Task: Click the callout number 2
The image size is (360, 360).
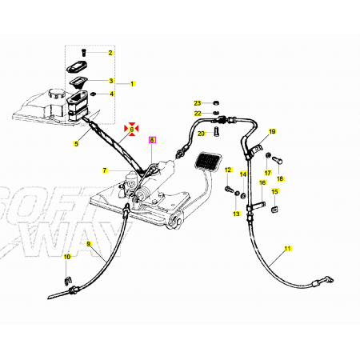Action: coord(110,53)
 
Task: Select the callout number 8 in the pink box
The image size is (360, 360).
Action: coord(152,140)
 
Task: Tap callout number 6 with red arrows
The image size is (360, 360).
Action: coord(131,130)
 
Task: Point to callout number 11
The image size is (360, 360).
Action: coord(287,249)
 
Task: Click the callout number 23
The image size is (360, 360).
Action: coord(198,103)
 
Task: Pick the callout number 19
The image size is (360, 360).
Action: coord(272,131)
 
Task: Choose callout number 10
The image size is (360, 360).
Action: coord(67,257)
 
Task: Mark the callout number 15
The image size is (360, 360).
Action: coord(274,191)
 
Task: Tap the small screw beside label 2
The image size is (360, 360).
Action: coord(84,53)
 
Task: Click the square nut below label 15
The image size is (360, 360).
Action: coord(274,210)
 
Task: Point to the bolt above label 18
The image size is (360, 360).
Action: coord(277,161)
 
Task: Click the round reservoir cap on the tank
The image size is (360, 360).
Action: coord(54,94)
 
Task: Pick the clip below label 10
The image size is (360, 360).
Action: coord(69,281)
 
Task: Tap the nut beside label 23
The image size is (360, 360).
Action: coord(216,102)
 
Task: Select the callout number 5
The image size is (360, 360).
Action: coord(76,144)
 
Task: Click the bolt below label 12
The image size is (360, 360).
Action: coord(229,190)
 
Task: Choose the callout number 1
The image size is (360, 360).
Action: coord(132,84)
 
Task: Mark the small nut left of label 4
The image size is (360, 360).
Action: coord(94,94)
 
